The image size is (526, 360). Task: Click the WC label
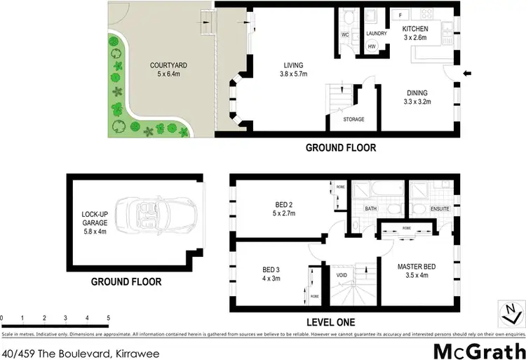(x=345, y=34)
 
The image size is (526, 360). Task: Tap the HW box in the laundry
(x=372, y=46)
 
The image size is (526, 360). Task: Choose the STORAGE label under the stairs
(x=353, y=120)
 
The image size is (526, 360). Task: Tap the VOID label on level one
(x=342, y=275)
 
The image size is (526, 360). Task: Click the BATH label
(x=371, y=208)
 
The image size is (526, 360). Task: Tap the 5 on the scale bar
(x=109, y=319)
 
